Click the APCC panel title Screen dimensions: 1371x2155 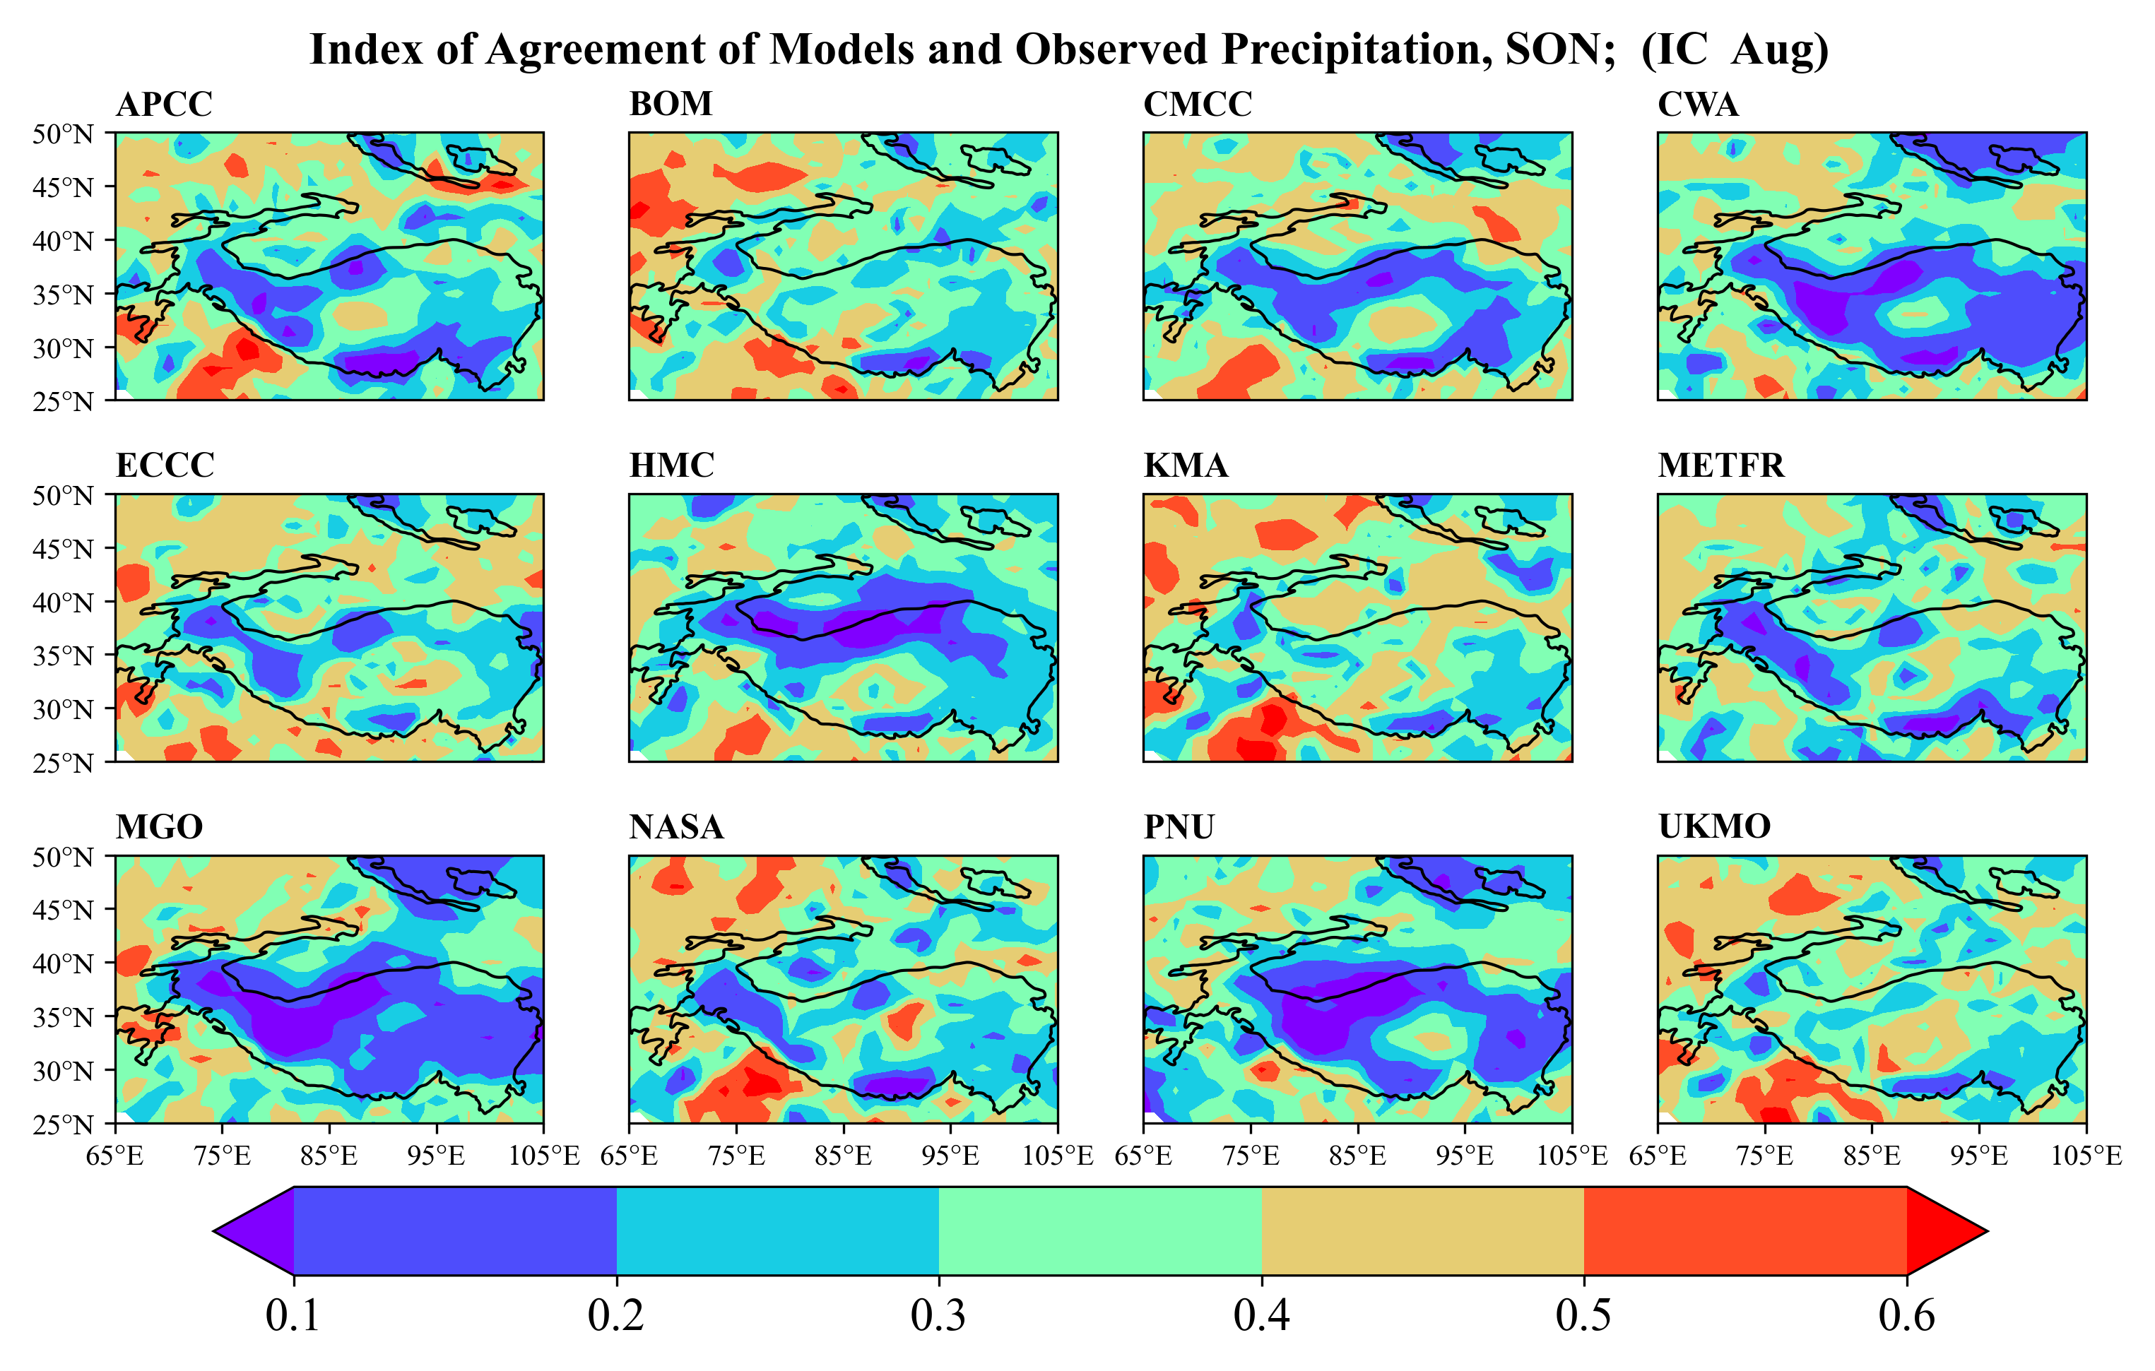point(164,105)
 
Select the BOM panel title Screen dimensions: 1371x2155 point(671,105)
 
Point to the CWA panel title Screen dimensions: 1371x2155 point(1698,105)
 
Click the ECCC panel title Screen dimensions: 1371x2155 point(165,465)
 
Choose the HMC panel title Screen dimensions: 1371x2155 point(671,465)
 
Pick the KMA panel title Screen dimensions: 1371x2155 point(1186,465)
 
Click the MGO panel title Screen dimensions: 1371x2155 point(159,827)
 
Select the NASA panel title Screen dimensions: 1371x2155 point(675,827)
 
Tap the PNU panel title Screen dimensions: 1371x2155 point(1179,827)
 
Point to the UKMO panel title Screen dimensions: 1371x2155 point(1714,827)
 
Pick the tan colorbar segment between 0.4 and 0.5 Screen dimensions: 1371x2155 point(1422,1230)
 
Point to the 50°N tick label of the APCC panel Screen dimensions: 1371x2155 point(63,134)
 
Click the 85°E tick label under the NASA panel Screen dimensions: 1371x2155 point(843,1156)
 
